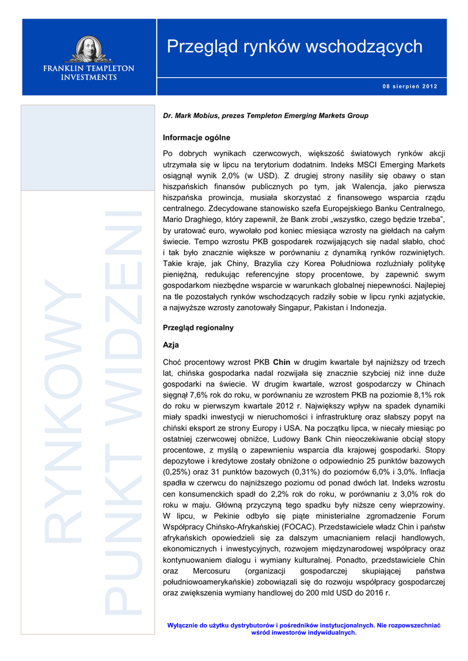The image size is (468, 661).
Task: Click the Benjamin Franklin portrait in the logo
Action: click(x=88, y=49)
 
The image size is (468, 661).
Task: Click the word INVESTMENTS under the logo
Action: click(x=88, y=77)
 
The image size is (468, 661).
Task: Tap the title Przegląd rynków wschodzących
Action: click(x=294, y=46)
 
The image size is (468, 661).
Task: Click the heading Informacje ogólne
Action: click(x=196, y=137)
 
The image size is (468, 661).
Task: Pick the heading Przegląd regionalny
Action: click(x=198, y=328)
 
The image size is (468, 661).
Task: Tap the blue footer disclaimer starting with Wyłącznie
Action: click(x=303, y=629)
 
